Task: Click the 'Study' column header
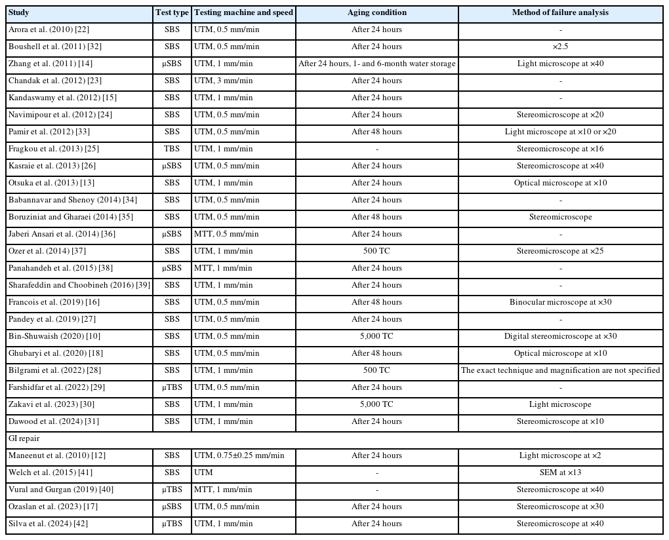coord(20,12)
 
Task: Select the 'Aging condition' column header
coord(376,12)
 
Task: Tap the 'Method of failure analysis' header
coord(560,12)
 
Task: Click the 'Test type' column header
coord(172,12)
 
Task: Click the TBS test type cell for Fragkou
coord(172,149)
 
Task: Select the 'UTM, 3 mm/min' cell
coord(224,81)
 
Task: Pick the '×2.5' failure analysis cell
coord(560,47)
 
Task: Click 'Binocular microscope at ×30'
coord(560,302)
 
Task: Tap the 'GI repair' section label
coord(24,438)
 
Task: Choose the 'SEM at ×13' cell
coord(560,473)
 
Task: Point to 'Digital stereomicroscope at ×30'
coord(560,336)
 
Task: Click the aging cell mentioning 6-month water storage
coord(376,64)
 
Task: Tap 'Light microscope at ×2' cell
coord(560,455)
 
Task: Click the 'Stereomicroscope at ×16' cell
coord(560,149)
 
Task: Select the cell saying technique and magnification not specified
coord(560,370)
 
